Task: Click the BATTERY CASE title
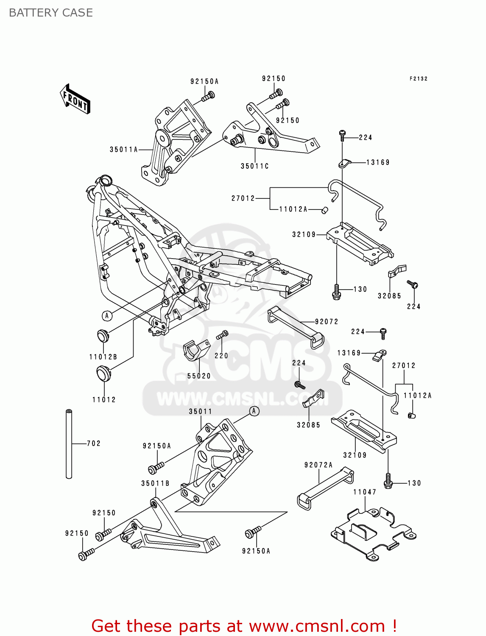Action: click(50, 13)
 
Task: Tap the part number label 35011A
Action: click(124, 150)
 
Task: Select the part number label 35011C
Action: click(254, 166)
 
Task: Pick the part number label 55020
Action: click(199, 376)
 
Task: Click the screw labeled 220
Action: click(222, 335)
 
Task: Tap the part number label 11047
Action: click(365, 492)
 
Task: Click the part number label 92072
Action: click(327, 322)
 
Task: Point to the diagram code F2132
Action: click(418, 79)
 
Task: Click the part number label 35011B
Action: click(155, 483)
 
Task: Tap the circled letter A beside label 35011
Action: click(254, 411)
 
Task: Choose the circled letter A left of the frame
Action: click(107, 315)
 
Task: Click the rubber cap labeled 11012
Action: click(103, 374)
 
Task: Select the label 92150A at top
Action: click(204, 81)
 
